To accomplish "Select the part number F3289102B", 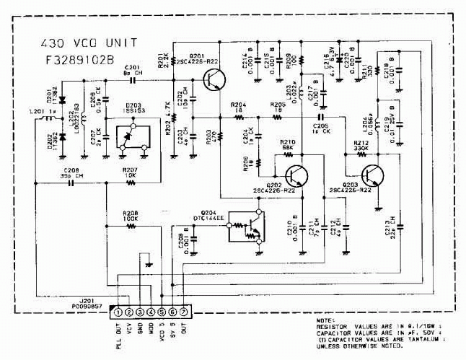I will [79, 60].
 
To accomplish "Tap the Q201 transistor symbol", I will [212, 82].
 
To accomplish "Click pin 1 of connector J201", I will [117, 312].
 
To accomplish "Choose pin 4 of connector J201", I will [150, 312].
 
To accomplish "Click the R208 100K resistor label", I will [130, 216].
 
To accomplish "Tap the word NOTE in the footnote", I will [325, 320].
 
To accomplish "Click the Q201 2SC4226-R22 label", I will [202, 59].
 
